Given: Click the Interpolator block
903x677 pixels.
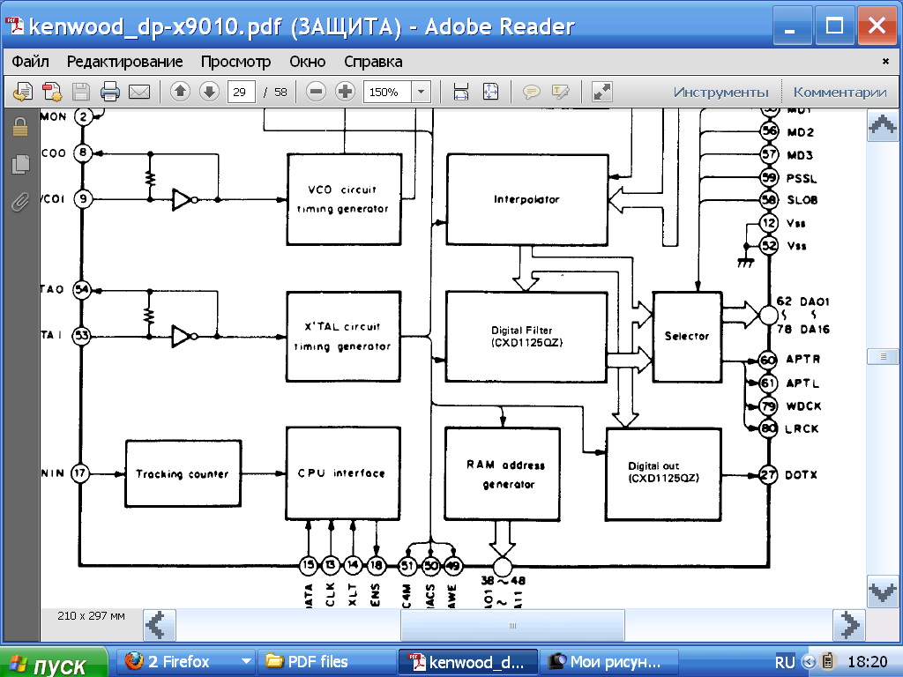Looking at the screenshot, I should click(526, 200).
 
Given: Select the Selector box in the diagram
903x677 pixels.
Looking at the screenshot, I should click(686, 336).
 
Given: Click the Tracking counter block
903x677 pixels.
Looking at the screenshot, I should click(183, 473).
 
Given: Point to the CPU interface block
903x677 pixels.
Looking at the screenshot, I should click(340, 473).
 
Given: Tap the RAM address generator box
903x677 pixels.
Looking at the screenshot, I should click(502, 473).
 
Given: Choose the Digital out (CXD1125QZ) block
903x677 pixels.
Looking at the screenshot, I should click(662, 472).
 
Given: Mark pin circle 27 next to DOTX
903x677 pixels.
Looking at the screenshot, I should click(769, 475).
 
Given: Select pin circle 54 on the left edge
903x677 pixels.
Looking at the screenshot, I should click(82, 289).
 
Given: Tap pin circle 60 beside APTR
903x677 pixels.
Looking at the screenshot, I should click(769, 360).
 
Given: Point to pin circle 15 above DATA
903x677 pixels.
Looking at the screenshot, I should click(308, 565).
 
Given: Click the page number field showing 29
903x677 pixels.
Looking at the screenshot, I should click(241, 92).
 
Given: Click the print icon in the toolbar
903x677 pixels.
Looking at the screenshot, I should click(110, 92).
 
